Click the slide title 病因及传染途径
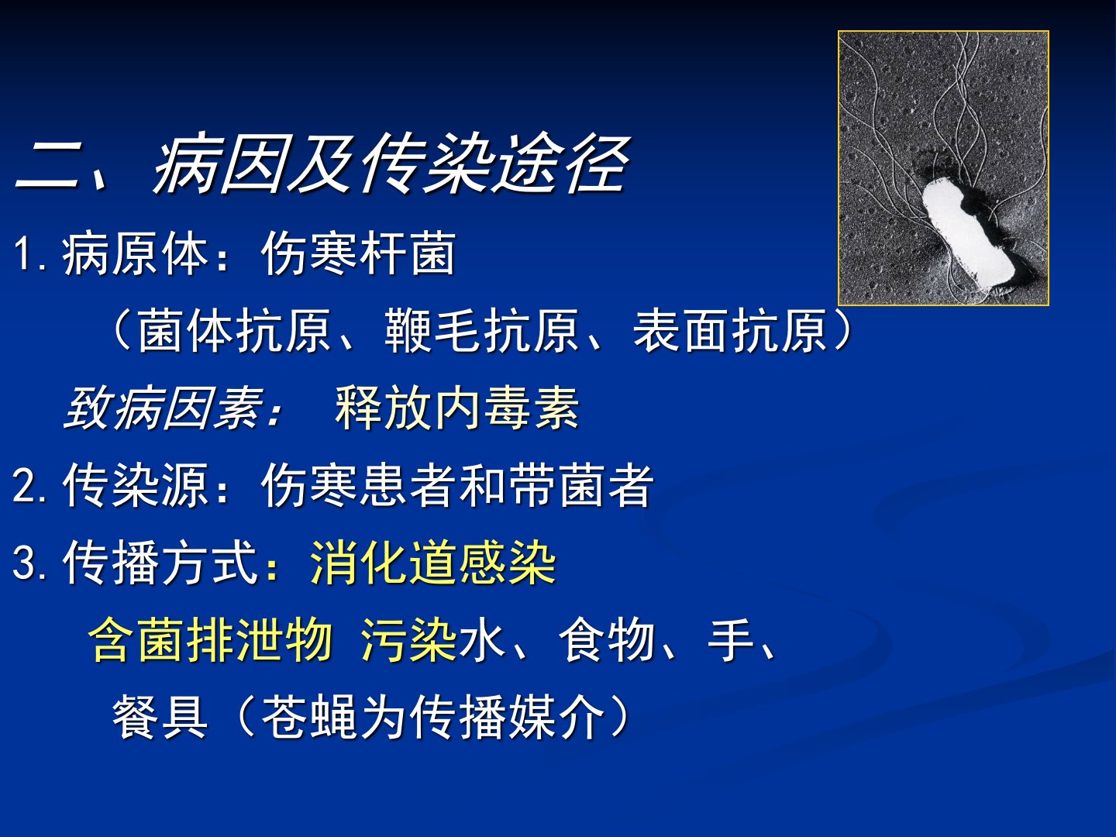pos(391,164)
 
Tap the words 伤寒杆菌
pos(359,253)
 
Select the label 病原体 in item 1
pos(134,253)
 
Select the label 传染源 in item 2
pos(134,485)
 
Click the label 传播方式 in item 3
pos(160,562)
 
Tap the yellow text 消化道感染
pos(432,562)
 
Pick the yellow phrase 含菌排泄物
pos(211,639)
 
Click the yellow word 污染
pos(408,639)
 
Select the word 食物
pos(607,639)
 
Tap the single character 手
pos(730,639)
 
